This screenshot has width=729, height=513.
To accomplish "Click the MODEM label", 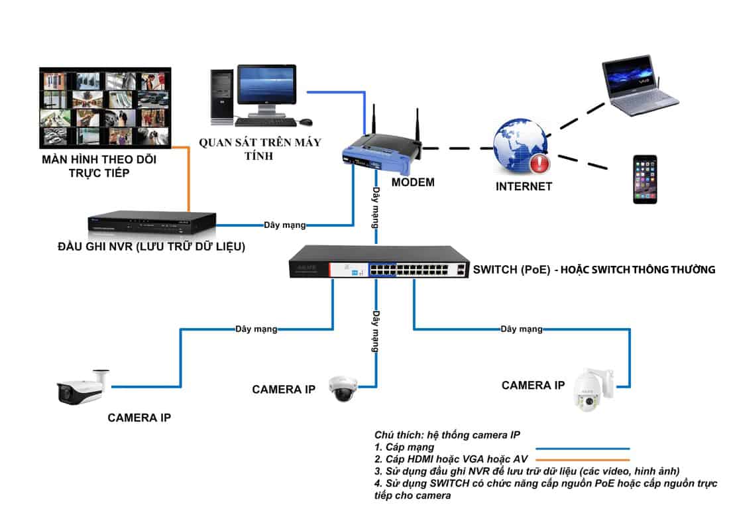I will pos(412,182).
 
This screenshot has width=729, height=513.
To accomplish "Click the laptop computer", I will pos(639,86).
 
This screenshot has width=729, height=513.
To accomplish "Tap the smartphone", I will pos(644,179).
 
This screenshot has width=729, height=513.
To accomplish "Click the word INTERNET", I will pos(524,187).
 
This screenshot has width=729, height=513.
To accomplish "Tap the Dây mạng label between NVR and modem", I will pos(285,225).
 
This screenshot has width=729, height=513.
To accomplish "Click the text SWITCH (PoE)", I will pos(507,270).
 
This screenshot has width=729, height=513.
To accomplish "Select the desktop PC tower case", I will pos(222,95).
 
